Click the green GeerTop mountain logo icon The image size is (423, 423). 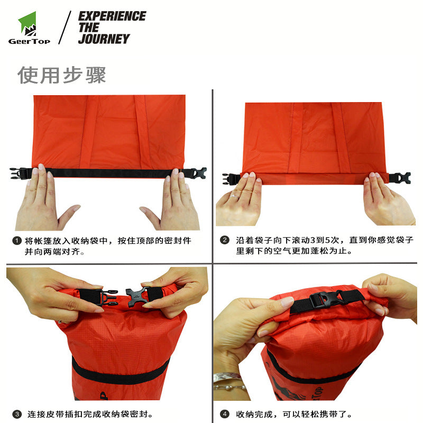(27, 24)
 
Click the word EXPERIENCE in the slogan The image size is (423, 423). (112, 16)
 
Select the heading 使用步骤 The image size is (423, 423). (61, 75)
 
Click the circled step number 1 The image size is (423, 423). (17, 241)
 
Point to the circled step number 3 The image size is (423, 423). (17, 414)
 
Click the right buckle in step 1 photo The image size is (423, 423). (198, 173)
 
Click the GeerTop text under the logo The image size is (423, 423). (29, 41)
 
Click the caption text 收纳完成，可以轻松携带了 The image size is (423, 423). (294, 414)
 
